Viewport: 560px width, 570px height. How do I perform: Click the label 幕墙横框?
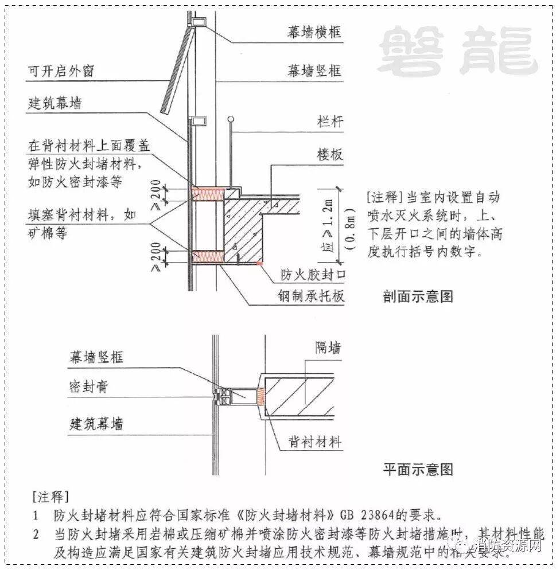[x=314, y=32]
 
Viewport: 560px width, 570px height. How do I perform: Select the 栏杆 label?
[x=329, y=122]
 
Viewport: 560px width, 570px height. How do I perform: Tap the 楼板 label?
[x=329, y=154]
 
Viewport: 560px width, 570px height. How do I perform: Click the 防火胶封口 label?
[x=313, y=276]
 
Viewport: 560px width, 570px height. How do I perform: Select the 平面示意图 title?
[x=418, y=470]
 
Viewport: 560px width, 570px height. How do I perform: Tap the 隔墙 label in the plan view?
[x=328, y=348]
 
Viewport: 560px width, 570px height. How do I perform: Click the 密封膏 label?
[x=88, y=388]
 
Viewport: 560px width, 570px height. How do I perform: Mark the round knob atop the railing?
[x=231, y=119]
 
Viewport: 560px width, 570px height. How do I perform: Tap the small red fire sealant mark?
[x=260, y=263]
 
